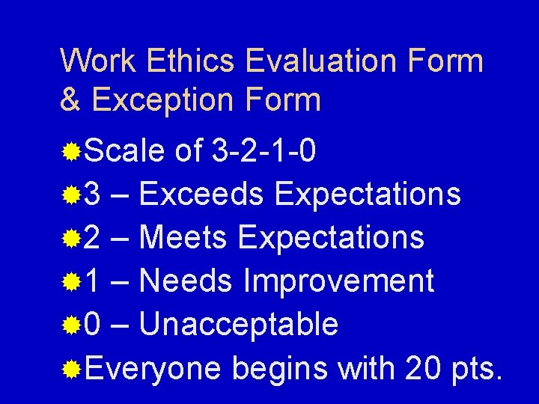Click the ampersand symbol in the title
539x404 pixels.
[x=70, y=100]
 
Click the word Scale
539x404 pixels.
[x=125, y=153]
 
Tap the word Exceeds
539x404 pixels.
[x=201, y=195]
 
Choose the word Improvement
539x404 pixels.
[x=339, y=281]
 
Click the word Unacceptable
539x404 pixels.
[x=238, y=325]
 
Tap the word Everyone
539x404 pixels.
[x=153, y=368]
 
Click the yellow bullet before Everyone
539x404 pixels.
[x=72, y=369]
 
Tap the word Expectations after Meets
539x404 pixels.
[x=331, y=239]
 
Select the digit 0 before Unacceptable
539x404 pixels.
[x=94, y=325]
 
